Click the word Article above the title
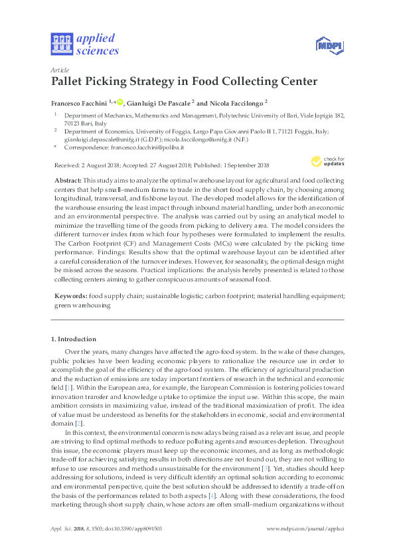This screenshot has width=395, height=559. click(x=58, y=70)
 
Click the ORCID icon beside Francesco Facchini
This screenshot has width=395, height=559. click(x=120, y=101)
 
